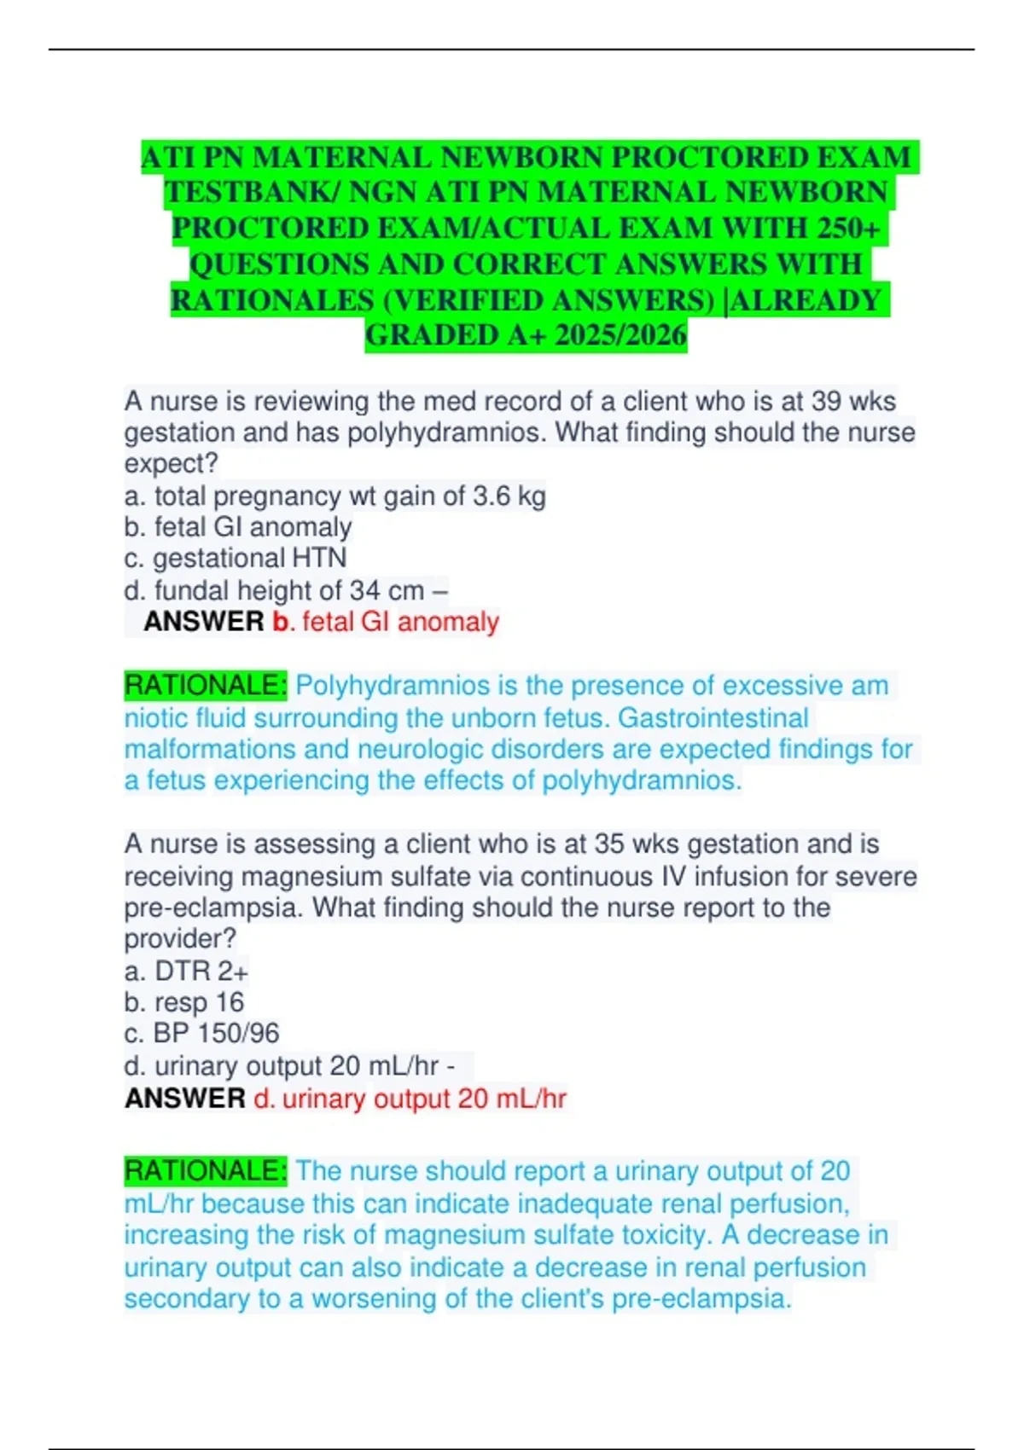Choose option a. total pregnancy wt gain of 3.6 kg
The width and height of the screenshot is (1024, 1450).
pyautogui.click(x=335, y=496)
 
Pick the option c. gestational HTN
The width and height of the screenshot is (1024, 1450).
pyautogui.click(x=236, y=558)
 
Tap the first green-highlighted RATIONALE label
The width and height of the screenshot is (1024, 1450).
pyautogui.click(x=206, y=686)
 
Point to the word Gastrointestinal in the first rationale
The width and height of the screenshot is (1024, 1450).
pyautogui.click(x=713, y=718)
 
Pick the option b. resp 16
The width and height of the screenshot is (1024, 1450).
pyautogui.click(x=184, y=1002)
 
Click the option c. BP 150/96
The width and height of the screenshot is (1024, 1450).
pyautogui.click(x=201, y=1034)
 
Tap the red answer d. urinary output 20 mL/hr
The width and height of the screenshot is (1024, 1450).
pyautogui.click(x=410, y=1099)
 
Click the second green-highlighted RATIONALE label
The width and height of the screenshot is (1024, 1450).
pyautogui.click(x=206, y=1171)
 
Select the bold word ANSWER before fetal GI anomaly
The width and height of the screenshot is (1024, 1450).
pyautogui.click(x=203, y=622)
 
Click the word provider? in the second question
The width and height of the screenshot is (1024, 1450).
pyautogui.click(x=180, y=939)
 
